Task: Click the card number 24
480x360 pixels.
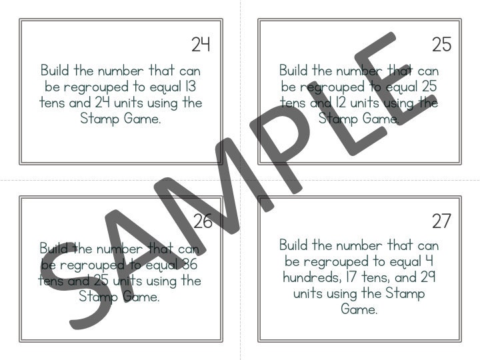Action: tap(201, 45)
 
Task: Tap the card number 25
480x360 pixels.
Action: tap(441, 45)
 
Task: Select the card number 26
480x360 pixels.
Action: tap(203, 221)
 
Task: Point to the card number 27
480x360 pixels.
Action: tap(441, 221)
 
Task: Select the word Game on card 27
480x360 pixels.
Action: tap(359, 310)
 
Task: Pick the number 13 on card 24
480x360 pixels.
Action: tap(189, 87)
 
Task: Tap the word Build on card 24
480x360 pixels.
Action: tap(55, 71)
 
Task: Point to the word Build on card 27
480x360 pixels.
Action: tap(294, 245)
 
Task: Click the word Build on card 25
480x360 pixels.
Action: tap(294, 71)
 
